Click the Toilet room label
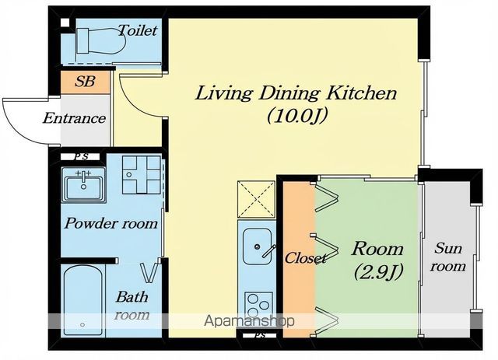point(138,30)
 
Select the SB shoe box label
point(85,82)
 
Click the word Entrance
point(75,118)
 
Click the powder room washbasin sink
point(83,185)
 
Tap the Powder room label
point(111,223)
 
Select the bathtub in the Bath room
point(83,300)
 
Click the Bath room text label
point(132,306)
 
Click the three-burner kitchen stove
point(258,305)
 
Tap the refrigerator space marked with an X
point(256,199)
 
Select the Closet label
point(305,258)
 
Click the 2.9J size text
point(378,271)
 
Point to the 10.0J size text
point(297,116)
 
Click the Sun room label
point(448,257)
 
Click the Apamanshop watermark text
point(249,321)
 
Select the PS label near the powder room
point(81,156)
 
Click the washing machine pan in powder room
point(142,174)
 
